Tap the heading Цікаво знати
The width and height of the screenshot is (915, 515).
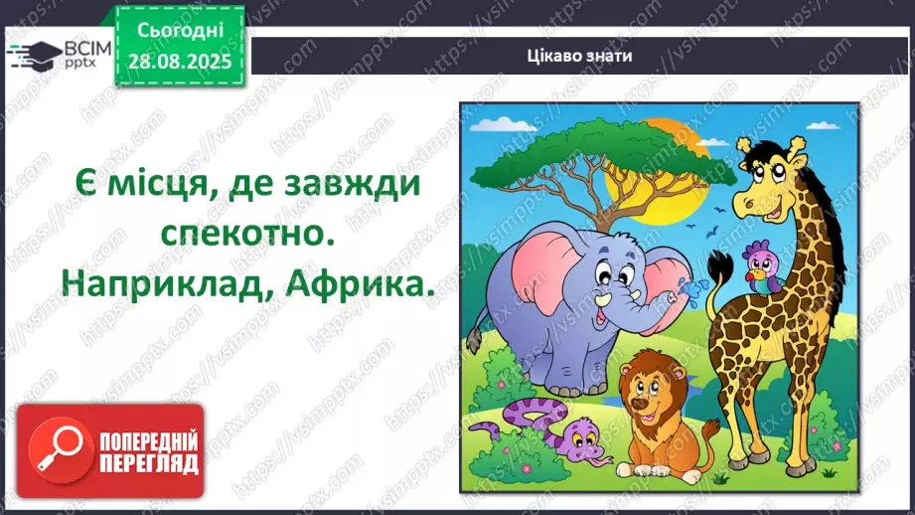[580, 56]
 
